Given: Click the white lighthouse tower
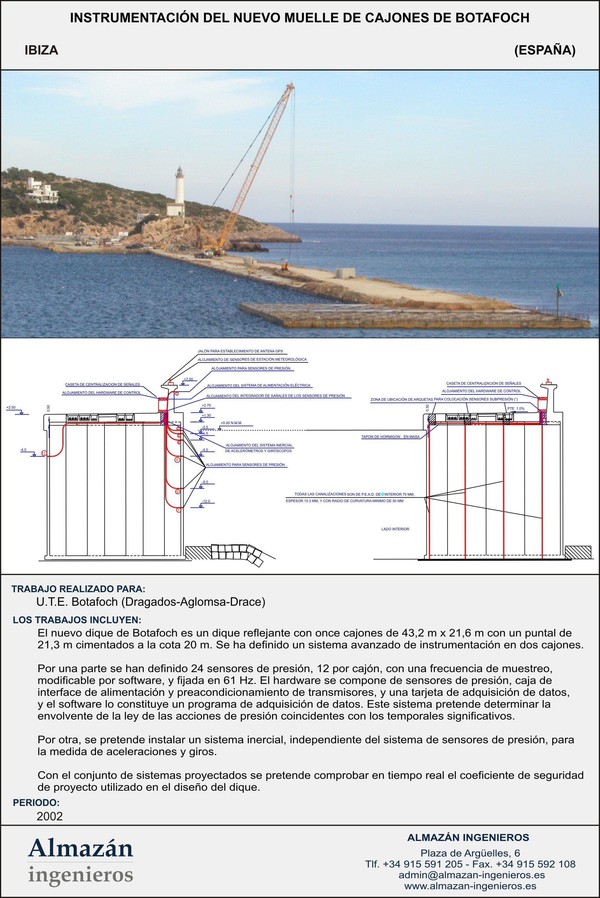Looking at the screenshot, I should (179, 188).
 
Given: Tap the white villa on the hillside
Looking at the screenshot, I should (41, 190).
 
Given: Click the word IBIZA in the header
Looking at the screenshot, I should (41, 50).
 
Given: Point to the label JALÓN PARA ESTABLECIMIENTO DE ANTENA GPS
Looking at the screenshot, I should (240, 351).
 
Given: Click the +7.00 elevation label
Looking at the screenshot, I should (188, 379).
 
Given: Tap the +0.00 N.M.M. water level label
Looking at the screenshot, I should (231, 423).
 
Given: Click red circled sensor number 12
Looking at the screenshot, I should (44, 453).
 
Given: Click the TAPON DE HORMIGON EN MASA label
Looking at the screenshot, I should (390, 437).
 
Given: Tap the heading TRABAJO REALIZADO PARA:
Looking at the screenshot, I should (78, 589).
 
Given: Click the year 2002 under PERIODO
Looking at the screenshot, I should (49, 816).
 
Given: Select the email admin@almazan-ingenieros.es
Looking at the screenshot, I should (471, 875).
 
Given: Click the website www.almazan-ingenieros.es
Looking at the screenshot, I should (470, 886).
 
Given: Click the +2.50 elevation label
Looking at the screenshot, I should (11, 407).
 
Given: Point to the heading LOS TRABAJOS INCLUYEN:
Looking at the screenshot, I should (77, 620).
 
